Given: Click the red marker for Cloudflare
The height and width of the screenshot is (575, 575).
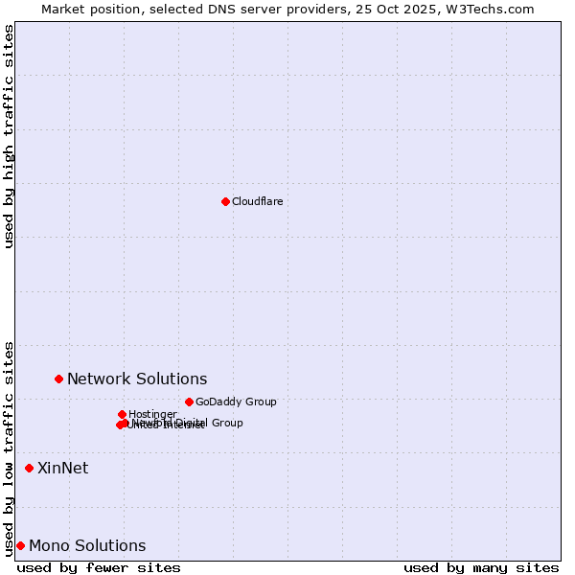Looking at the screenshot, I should click(225, 201).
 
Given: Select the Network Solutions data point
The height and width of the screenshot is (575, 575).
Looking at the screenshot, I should click(58, 379).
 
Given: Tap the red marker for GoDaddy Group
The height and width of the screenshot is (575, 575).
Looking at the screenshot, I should click(189, 402).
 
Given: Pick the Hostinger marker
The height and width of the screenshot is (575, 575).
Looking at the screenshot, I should click(122, 414).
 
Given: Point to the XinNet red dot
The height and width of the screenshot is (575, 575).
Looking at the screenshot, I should click(29, 468).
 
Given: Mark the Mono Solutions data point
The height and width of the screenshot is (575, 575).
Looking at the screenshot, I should click(20, 545).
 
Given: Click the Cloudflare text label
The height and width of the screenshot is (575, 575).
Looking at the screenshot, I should click(257, 201).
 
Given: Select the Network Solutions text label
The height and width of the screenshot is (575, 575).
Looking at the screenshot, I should click(137, 379).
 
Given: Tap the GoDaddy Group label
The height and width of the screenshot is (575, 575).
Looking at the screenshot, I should click(236, 402).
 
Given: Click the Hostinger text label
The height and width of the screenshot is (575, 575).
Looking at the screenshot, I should click(152, 414).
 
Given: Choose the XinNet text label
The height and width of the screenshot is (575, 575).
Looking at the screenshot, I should click(62, 468).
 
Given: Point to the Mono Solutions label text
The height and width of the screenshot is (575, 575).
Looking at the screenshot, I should click(87, 546).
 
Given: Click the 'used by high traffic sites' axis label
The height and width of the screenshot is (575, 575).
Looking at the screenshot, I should click(10, 136).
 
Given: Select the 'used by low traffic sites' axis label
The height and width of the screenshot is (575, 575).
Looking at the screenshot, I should click(10, 448).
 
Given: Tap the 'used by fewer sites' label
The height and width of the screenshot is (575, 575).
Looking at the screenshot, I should click(99, 567).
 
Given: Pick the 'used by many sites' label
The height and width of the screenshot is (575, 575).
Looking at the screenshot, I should click(481, 567).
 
